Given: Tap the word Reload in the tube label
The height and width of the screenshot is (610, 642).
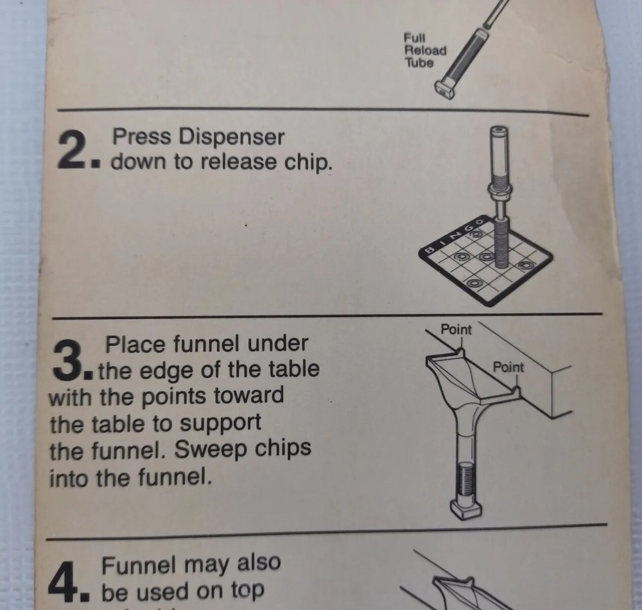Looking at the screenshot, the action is click(425, 50).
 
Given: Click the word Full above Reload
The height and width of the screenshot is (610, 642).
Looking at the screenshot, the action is click(414, 38).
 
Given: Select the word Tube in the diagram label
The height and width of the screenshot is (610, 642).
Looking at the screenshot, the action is click(419, 63).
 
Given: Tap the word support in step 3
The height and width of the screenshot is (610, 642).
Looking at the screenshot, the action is click(220, 424).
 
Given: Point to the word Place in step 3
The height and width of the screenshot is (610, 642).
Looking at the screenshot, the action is click(136, 344).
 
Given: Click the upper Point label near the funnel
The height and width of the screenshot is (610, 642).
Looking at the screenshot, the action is click(456, 329).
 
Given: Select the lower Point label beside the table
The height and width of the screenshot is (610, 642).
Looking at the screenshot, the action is click(508, 367).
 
